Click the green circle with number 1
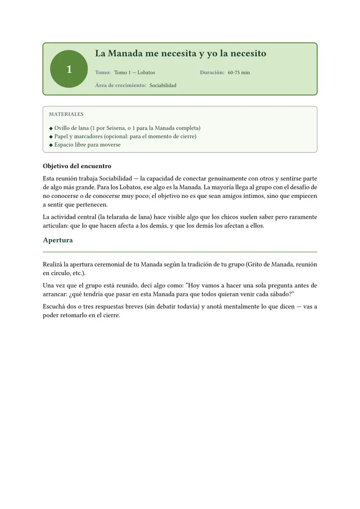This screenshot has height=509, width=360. tap(69, 69)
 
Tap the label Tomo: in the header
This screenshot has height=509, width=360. tap(103, 73)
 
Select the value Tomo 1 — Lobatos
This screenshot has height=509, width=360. tap(134, 73)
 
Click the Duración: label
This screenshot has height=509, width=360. tap(212, 73)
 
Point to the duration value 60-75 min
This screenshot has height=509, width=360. tap(239, 73)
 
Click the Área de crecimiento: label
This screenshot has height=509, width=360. tap(120, 85)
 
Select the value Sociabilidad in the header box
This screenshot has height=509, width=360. tap(163, 85)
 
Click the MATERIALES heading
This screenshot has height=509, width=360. tap(66, 114)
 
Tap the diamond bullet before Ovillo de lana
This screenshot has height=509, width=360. tap(51, 128)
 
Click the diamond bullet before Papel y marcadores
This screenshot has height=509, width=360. tap(51, 137)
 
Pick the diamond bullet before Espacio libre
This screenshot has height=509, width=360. tap(51, 145)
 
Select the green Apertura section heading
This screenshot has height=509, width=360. tap(58, 240)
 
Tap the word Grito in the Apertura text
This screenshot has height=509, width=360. tap(257, 264)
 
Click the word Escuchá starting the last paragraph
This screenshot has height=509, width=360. tap(56, 306)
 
